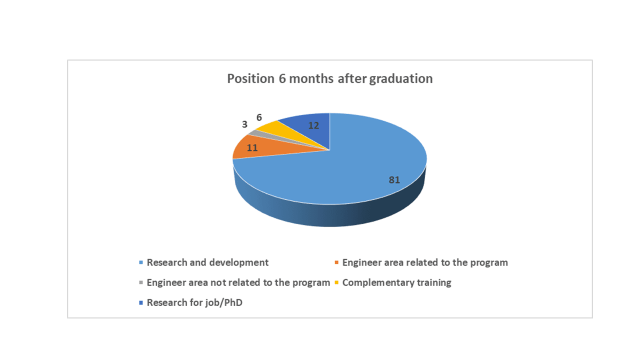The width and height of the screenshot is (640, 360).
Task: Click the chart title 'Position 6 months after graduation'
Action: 329,78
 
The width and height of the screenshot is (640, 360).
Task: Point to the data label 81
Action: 394,179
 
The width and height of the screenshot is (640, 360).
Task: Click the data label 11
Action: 252,147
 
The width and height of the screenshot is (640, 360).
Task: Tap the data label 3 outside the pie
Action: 244,124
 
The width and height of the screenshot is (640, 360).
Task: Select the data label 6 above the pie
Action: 259,117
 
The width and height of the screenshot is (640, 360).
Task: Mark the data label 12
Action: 313,125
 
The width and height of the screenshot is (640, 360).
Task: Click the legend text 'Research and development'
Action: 207,262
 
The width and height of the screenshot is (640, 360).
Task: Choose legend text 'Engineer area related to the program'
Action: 425,262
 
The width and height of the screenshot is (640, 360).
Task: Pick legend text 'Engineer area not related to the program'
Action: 238,282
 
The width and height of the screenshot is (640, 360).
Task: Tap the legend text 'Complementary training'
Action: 397,282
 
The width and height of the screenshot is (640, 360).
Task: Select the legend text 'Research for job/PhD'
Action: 194,302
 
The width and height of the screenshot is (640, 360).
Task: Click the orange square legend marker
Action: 336,262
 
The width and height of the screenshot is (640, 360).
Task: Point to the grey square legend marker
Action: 141,282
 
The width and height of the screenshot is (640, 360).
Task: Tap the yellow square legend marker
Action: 336,282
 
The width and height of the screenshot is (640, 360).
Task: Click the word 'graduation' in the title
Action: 401,79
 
